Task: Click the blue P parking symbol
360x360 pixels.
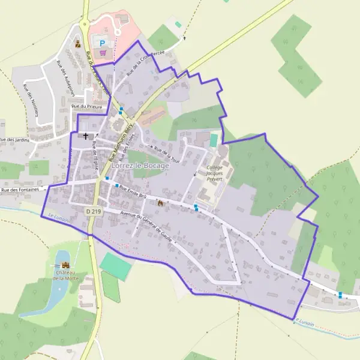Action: pos(102,43)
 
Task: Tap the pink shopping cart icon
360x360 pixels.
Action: pos(103,53)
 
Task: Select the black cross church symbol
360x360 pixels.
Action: pos(86,136)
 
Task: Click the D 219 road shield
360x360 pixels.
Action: pos(92,211)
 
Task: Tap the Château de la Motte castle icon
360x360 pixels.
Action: pos(65,265)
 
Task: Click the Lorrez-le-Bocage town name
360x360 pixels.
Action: pos(140,166)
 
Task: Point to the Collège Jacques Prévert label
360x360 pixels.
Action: pos(214,173)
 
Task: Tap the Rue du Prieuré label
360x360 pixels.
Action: pos(83,106)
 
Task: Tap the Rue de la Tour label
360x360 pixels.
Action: pos(166,153)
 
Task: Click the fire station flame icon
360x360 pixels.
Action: pos(160,203)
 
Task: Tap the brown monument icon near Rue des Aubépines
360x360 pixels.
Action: pos(77,43)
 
